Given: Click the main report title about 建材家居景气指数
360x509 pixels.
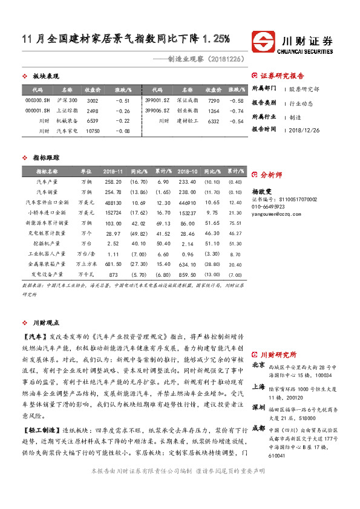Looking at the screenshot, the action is (x=125, y=39).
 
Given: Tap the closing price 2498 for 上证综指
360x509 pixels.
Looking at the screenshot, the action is (x=93, y=111).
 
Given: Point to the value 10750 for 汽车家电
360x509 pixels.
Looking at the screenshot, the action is (x=93, y=131).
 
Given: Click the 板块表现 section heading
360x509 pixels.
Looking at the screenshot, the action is (x=45, y=76).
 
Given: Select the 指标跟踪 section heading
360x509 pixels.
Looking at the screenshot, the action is (x=45, y=157).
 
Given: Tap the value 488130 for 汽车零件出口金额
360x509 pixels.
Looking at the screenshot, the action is (x=113, y=202).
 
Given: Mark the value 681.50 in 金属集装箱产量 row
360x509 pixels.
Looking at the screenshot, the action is (x=113, y=264).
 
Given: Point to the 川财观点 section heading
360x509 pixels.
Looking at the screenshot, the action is (x=45, y=323).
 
